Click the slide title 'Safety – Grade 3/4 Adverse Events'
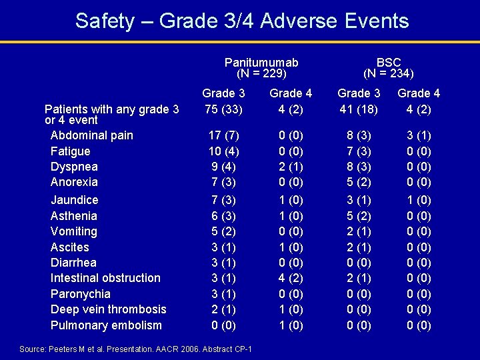point(242,21)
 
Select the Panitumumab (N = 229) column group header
point(261,68)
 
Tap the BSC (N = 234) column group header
point(389,68)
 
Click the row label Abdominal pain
point(92,135)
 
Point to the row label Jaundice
point(75,200)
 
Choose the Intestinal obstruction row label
point(105,278)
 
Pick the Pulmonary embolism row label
point(106,325)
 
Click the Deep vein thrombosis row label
point(109,309)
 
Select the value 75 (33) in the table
point(223,109)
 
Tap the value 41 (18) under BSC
point(359,109)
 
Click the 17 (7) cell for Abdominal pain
point(223,135)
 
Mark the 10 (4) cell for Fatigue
point(223,151)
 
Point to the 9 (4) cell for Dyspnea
point(223,167)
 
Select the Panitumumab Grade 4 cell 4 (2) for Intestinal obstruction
point(290,278)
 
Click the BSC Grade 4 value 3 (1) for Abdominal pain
point(419,135)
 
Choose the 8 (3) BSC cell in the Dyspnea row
point(359,167)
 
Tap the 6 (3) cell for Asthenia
point(223,216)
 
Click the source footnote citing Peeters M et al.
point(136,349)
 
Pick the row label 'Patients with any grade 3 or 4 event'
point(111,114)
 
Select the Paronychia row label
point(81,294)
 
